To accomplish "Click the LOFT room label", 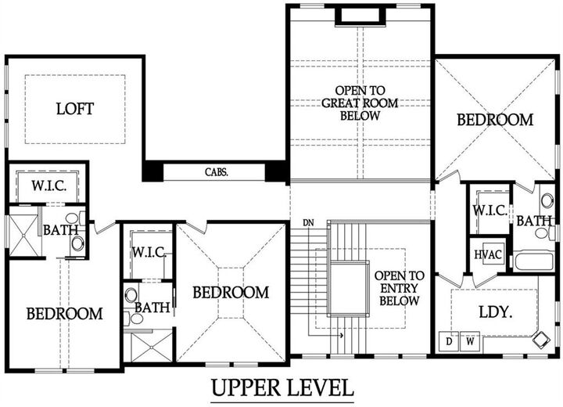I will tap(75, 109).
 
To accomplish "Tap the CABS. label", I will tap(217, 172).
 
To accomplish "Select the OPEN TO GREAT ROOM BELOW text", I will tap(360, 103).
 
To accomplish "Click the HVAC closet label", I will tap(483, 256).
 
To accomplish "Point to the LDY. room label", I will tap(495, 312).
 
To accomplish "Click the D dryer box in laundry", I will tap(450, 342).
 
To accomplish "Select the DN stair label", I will tap(309, 224).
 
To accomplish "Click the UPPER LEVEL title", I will tap(282, 387).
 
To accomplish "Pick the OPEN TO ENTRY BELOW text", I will tap(399, 288).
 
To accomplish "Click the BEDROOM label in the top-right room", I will tap(495, 120).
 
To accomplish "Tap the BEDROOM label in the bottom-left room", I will tap(64, 314).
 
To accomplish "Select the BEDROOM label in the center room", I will tap(231, 292).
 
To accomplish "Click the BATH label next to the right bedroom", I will tap(533, 222).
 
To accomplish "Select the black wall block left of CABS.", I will tap(152, 171).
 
